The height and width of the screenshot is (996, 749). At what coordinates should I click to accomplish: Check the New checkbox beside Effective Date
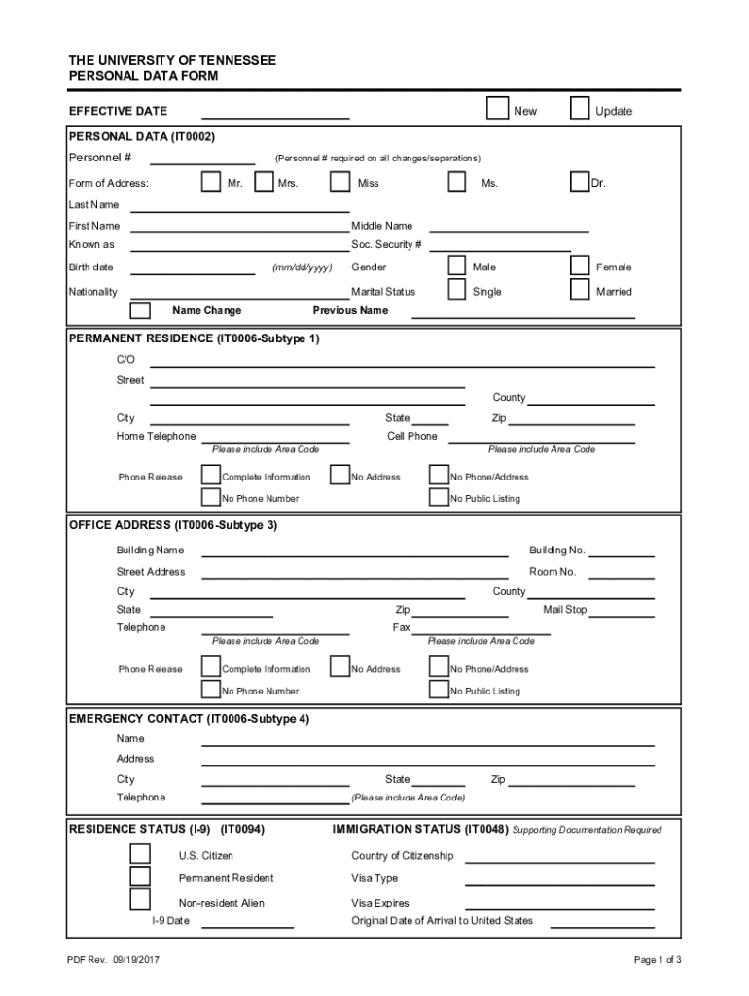[x=497, y=107]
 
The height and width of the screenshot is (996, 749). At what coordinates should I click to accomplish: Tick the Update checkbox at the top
[x=580, y=107]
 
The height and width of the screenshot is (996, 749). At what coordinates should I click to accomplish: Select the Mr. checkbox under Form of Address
[x=211, y=181]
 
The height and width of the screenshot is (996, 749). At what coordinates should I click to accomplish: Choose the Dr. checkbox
[x=580, y=181]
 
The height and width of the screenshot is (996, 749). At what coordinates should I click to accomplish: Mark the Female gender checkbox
[x=580, y=265]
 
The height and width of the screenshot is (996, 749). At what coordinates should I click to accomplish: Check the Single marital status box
[x=457, y=289]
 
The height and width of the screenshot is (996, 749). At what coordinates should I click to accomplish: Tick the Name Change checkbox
[x=141, y=310]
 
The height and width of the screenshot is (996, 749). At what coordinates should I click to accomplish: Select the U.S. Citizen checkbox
[x=141, y=854]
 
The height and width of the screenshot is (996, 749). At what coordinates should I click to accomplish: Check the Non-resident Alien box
[x=141, y=900]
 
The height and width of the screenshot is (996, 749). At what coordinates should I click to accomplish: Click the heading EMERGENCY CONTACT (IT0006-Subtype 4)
[x=190, y=719]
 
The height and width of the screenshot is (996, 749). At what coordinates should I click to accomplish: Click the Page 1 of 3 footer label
[x=657, y=960]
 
